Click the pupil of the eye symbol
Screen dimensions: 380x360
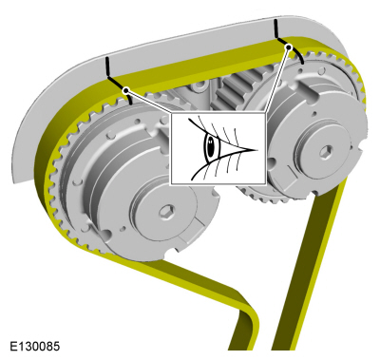210,146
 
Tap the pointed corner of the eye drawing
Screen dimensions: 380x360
257,149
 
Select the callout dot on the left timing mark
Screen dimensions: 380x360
126,90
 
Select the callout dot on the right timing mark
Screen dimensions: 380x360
289,47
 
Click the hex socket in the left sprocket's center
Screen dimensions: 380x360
167,211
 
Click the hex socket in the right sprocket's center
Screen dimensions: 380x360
326,153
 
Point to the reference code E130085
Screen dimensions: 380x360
34,346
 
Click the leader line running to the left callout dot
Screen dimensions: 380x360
148,102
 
